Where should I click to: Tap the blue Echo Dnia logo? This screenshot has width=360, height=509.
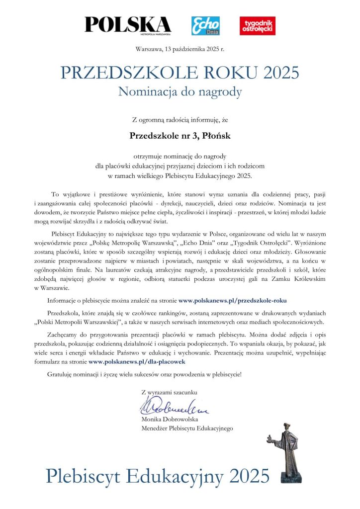[205, 26]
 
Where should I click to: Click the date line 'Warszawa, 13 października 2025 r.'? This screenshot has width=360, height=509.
[180, 49]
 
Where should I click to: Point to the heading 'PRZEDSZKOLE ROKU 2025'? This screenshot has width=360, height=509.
[180, 73]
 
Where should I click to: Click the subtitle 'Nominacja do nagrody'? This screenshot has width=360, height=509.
[180, 91]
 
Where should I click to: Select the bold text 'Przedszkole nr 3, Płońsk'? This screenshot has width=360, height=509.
[180, 135]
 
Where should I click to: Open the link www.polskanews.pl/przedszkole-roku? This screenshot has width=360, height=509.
[232, 300]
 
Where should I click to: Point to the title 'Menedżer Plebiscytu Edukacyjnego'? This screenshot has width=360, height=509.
[187, 428]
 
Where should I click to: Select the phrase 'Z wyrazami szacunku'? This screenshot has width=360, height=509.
[169, 392]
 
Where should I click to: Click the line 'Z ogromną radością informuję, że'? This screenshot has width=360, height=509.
[180, 119]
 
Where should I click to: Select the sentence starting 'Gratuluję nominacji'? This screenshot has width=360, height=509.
[144, 373]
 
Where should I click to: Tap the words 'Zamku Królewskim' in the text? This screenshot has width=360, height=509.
[290, 280]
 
